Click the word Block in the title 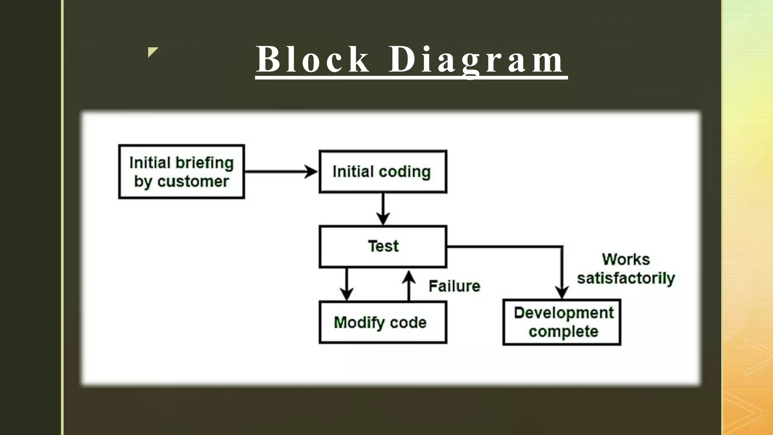313,60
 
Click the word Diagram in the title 476,60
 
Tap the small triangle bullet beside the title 152,52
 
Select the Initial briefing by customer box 182,172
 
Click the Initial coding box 383,172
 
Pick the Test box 383,247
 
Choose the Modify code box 383,322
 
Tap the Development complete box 562,322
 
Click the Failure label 454,286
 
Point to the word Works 626,259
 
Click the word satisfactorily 626,278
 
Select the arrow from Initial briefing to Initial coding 281,172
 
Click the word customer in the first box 193,182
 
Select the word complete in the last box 564,332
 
